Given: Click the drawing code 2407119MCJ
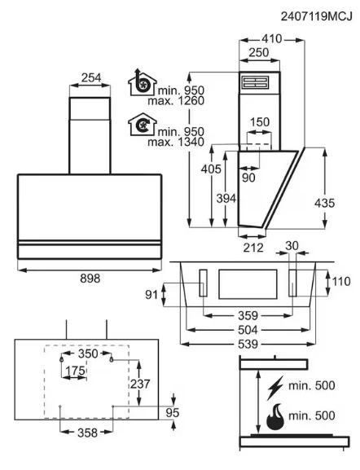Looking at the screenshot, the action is point(317,16).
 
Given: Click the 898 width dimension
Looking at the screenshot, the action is point(90,279).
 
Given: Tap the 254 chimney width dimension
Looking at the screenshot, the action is point(91,78).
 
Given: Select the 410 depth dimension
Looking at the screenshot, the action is point(272,38).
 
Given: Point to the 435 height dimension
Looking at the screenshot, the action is point(324,203).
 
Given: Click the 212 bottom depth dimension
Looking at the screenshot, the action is point(253,248).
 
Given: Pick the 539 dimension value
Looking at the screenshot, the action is point(248,344).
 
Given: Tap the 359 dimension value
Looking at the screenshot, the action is point(248,315).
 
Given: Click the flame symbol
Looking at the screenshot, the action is point(274,417).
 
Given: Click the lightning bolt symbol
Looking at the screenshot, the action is point(274,388).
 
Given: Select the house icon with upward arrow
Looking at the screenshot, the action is point(142,82).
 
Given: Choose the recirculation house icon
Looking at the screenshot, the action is point(142,125).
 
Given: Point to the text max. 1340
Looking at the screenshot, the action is point(176,142).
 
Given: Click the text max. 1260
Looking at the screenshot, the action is point(176,101).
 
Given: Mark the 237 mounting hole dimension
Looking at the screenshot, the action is point(140,384).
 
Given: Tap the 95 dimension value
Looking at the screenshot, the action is point(173,413).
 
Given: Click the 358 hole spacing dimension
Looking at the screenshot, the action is point(87,433).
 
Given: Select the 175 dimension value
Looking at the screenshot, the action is point(75,371).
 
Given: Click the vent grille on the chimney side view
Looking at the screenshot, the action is point(256,82).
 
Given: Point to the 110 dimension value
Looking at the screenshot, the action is point(341,282).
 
